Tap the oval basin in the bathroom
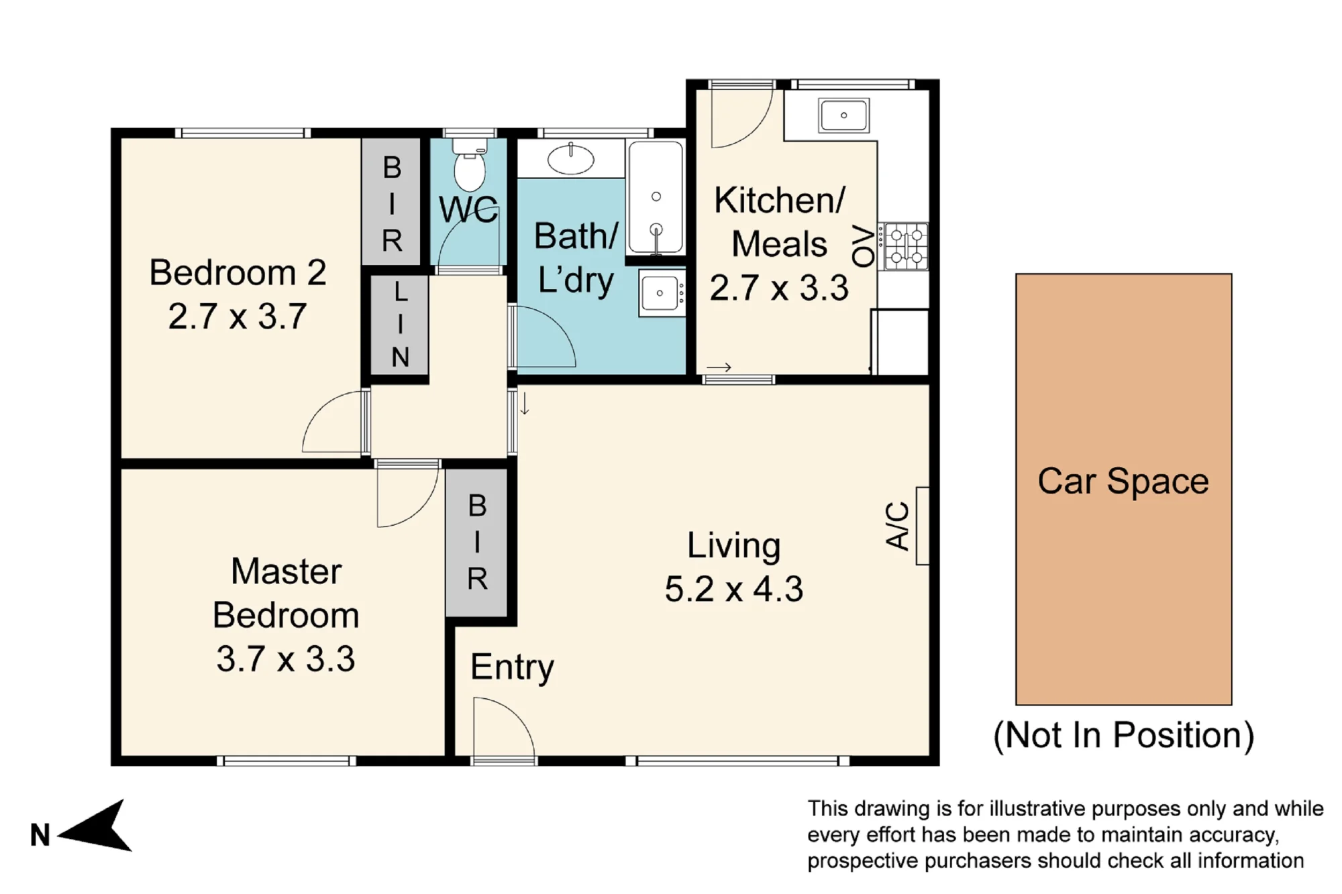(x=570, y=160)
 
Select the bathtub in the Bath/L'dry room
(x=656, y=197)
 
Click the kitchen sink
(x=843, y=115)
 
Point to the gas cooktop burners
(x=906, y=246)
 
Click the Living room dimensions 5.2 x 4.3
(x=733, y=590)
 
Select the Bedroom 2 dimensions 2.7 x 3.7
(x=237, y=316)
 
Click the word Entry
(x=512, y=667)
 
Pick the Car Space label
(x=1123, y=482)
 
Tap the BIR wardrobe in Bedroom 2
(x=391, y=202)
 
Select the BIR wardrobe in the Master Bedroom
(x=476, y=543)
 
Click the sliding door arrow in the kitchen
(x=719, y=368)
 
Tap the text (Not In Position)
(x=1123, y=736)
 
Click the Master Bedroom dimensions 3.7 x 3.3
(x=285, y=659)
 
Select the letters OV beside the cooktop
(x=864, y=246)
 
